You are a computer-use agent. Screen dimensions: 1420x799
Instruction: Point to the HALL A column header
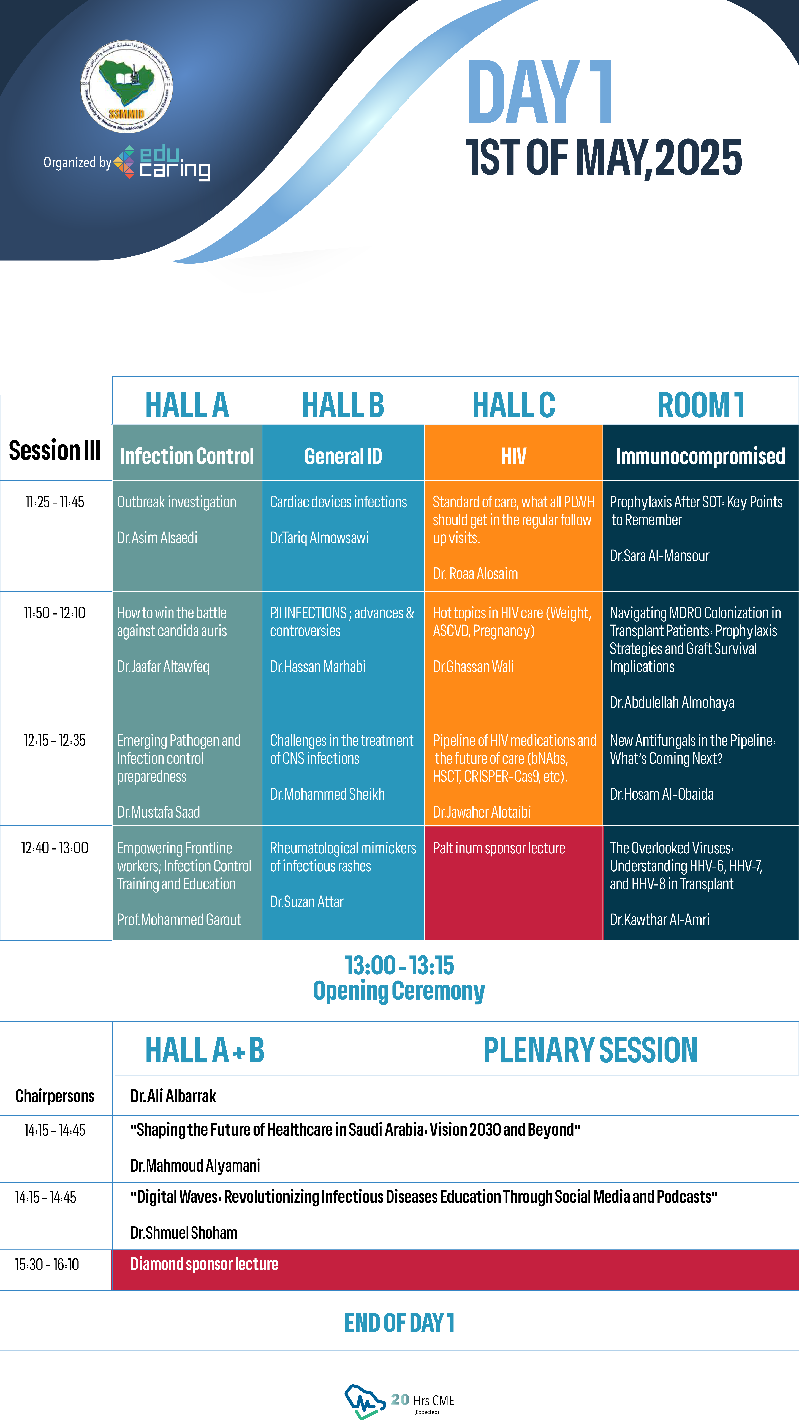click(187, 405)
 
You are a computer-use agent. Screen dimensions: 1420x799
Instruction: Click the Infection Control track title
click(187, 456)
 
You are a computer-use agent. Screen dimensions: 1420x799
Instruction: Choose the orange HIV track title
click(513, 456)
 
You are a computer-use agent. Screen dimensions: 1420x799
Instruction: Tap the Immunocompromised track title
click(700, 456)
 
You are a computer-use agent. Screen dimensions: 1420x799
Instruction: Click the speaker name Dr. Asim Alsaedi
click(157, 537)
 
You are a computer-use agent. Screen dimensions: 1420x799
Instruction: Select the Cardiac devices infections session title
click(338, 502)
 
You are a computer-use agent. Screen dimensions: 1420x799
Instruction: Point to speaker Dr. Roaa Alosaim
click(475, 573)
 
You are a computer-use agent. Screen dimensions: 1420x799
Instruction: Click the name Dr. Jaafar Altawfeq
click(163, 667)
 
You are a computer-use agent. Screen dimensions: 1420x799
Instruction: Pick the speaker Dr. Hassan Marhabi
click(318, 667)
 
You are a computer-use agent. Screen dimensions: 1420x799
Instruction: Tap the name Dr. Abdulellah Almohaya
click(672, 702)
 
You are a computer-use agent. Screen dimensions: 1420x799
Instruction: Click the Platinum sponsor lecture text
click(499, 848)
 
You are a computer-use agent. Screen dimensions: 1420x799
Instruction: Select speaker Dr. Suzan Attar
click(307, 901)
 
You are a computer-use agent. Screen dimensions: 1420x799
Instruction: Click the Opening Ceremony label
click(399, 991)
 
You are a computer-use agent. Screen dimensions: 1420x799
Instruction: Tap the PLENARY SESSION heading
click(590, 1050)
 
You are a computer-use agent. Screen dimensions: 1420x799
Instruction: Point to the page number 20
click(400, 1399)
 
